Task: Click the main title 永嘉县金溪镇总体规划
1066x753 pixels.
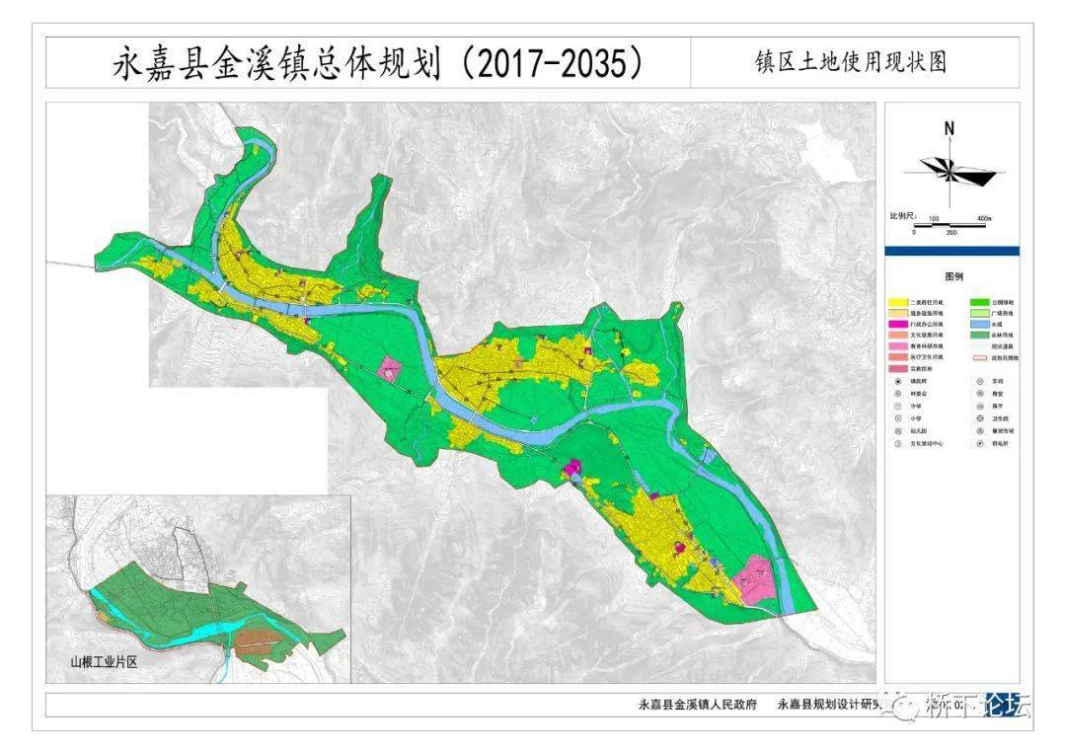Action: click(276, 64)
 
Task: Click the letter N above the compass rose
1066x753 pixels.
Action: click(949, 128)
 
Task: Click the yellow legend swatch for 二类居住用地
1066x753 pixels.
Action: click(897, 301)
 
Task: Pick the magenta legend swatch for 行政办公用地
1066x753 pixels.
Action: click(897, 324)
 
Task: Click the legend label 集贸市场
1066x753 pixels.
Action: click(1005, 430)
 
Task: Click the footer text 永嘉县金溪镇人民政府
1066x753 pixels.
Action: click(697, 705)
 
